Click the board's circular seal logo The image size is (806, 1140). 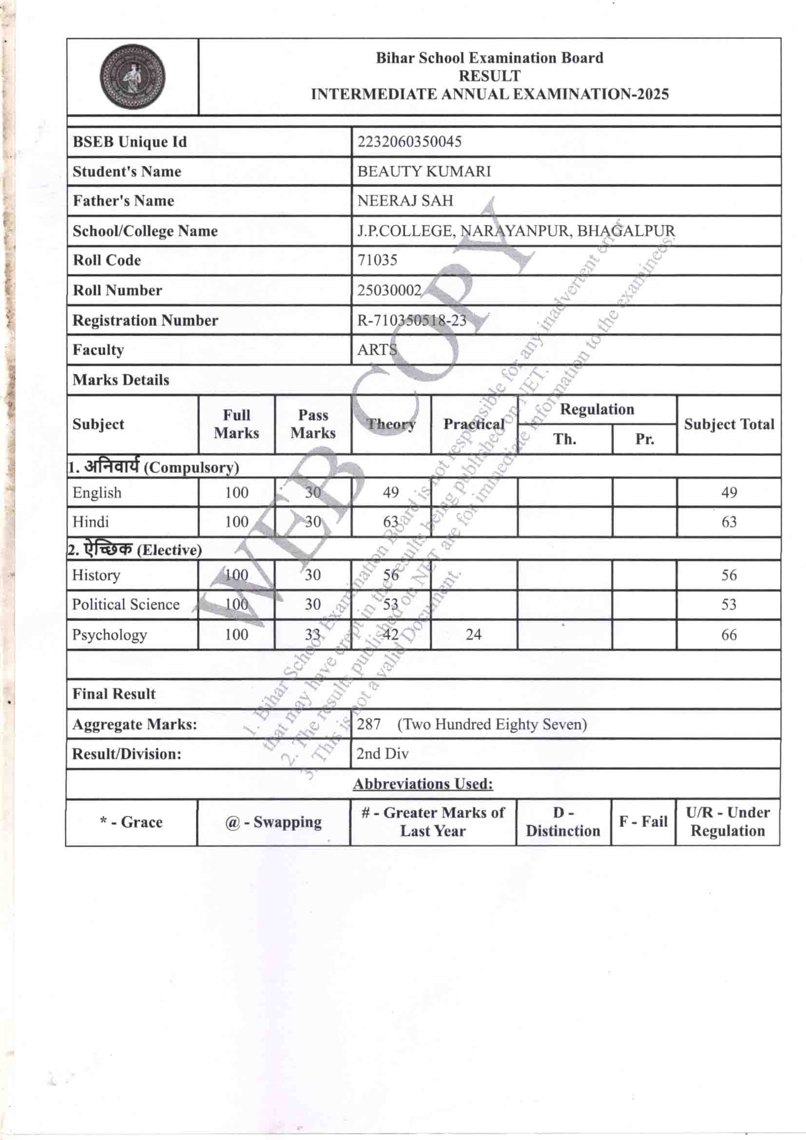[132, 77]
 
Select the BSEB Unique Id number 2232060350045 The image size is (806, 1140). [409, 142]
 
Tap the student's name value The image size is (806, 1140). [424, 171]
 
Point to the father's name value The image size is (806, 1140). [405, 200]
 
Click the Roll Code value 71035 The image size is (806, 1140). [377, 260]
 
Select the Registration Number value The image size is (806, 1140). [411, 320]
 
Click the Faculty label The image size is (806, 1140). [98, 350]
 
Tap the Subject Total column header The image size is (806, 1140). [729, 424]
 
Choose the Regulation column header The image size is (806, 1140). [596, 410]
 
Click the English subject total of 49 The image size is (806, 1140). [729, 492]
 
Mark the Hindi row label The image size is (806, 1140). [90, 522]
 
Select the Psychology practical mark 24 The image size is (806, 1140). [473, 634]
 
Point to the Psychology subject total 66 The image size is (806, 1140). [729, 634]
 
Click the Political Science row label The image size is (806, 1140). [126, 604]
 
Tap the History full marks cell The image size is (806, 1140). [236, 575]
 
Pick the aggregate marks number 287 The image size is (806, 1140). [368, 725]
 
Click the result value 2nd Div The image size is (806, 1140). [382, 754]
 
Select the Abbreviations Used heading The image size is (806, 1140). [423, 784]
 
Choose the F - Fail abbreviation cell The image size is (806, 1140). [643, 822]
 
